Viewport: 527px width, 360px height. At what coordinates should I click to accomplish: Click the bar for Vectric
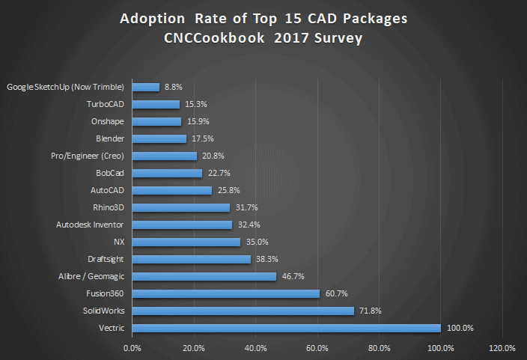(286, 328)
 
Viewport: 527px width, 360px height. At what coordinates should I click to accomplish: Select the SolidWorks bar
(243, 311)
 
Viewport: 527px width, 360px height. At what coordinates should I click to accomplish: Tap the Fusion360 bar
(225, 293)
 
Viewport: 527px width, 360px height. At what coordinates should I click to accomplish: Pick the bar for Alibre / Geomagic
(204, 276)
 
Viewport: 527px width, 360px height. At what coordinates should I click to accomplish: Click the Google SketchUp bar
(145, 87)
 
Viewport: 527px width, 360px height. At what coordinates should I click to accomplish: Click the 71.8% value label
(372, 311)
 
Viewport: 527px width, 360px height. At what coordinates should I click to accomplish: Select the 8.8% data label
(174, 87)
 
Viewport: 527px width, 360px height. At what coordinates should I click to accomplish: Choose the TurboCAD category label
(106, 104)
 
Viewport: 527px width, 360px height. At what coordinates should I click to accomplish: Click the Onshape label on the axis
(108, 121)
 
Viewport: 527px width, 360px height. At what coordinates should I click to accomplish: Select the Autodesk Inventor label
(91, 225)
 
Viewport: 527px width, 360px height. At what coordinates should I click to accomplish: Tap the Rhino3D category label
(106, 207)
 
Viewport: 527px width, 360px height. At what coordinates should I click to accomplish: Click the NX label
(118, 242)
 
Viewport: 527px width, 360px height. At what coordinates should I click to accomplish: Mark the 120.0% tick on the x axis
(502, 348)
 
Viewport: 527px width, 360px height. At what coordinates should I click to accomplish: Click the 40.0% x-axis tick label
(255, 348)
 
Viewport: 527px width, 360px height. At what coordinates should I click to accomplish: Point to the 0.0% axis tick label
(132, 348)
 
